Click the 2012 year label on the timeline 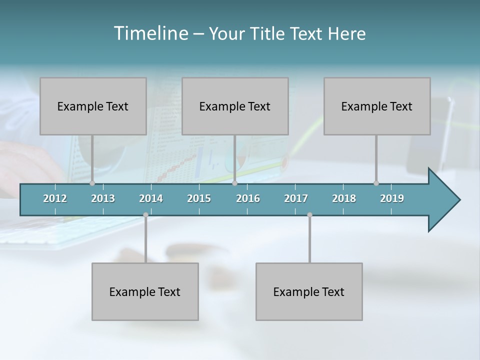55,198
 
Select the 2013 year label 103,198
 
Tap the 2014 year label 151,198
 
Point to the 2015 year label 199,198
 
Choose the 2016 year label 248,198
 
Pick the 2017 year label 296,198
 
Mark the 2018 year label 344,198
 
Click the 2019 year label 392,198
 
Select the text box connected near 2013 93,106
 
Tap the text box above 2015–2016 235,106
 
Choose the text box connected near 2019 377,106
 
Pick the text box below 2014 145,291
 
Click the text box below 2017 309,291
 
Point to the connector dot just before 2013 92,183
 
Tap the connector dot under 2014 145,215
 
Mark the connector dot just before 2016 234,183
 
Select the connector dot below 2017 309,215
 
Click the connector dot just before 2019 376,183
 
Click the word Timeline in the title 150,33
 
